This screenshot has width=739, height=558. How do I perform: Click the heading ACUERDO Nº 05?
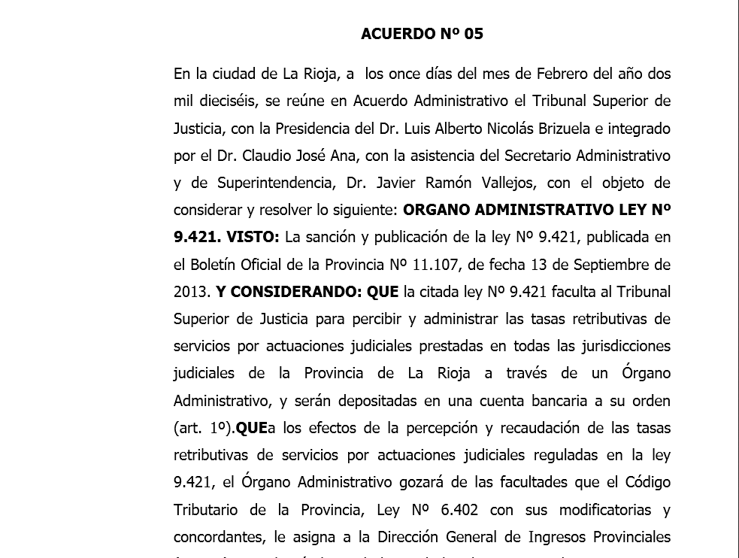422,34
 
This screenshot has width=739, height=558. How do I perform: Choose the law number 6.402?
464,510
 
